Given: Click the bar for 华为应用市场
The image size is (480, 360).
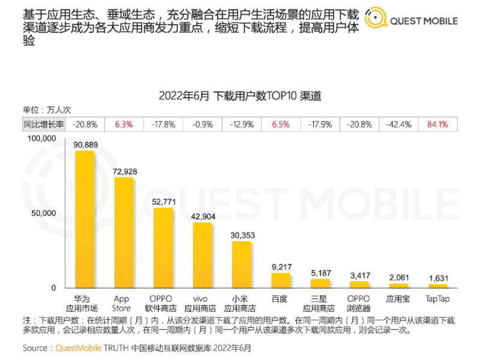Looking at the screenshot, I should tap(84, 220).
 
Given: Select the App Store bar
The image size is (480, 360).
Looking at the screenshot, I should tap(123, 233).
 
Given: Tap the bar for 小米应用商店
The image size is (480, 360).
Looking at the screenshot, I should tap(241, 265).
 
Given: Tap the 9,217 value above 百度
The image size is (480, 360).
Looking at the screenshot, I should tap(280, 267).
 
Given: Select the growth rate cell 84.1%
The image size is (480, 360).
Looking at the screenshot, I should tap(437, 125).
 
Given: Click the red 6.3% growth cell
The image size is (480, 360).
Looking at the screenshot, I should tap(123, 125).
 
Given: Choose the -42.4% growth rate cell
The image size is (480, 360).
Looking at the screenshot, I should tap(398, 125).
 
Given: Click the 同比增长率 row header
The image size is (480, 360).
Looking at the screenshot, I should tap(43, 125).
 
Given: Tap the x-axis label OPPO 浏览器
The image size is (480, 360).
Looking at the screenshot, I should tap(358, 303).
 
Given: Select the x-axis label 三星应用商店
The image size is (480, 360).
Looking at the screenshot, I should tap(319, 303).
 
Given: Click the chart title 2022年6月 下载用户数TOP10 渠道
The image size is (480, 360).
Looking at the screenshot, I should tap(240, 95).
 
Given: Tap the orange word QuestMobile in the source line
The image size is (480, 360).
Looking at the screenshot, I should tap(82, 347).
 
